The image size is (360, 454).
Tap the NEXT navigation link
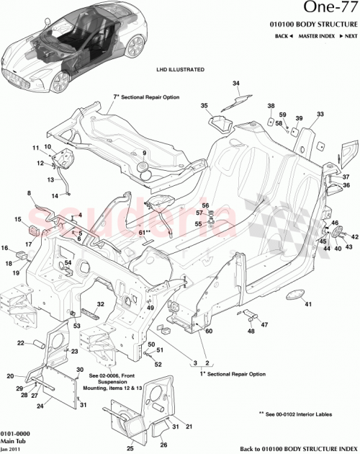[350, 35]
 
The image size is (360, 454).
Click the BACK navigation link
[284, 35]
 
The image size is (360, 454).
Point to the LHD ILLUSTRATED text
[180, 70]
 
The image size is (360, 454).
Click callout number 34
[235, 84]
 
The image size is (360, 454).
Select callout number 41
[307, 305]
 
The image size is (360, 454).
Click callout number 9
[143, 153]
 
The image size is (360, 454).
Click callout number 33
[320, 114]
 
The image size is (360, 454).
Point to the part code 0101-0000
[15, 432]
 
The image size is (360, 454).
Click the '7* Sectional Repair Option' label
[145, 97]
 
